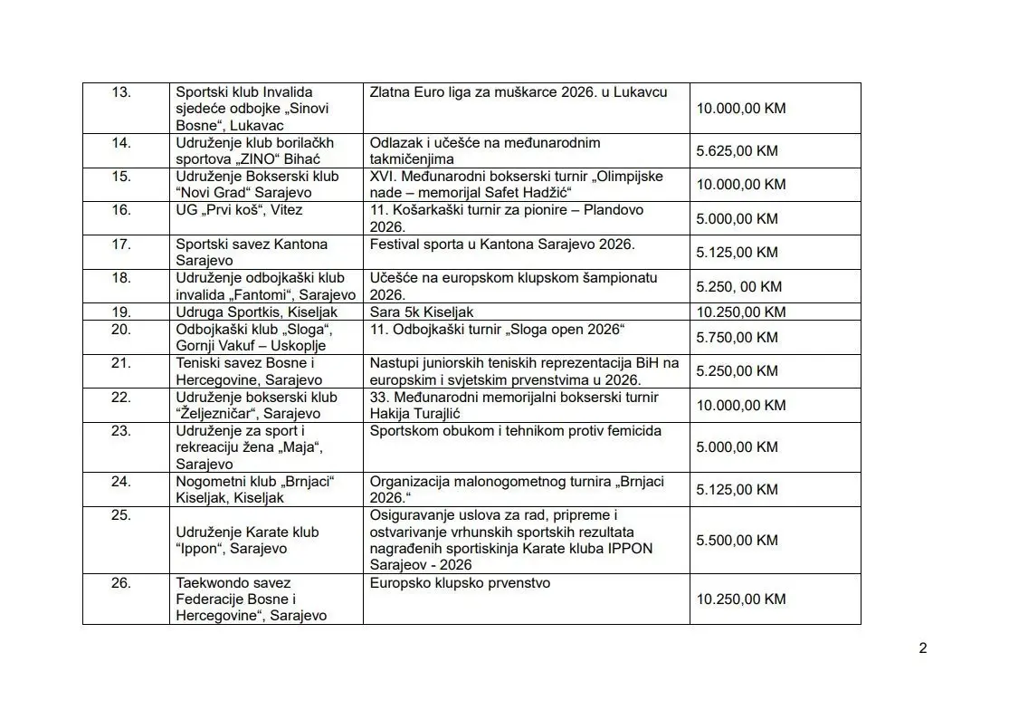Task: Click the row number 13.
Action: point(121,92)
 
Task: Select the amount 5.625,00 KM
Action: point(737,151)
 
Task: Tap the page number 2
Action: point(922,648)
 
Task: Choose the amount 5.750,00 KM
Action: point(737,338)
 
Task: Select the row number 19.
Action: point(121,312)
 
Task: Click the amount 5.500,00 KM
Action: point(737,541)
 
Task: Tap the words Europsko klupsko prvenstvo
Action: point(460,583)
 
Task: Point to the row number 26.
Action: point(121,583)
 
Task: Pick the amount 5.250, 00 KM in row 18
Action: point(738,287)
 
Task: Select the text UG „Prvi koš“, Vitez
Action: point(239,210)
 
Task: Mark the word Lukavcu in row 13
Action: point(641,92)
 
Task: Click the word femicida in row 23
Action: point(633,431)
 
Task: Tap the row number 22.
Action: point(121,398)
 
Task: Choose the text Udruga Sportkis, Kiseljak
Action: point(256,312)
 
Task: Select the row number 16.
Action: point(121,210)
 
